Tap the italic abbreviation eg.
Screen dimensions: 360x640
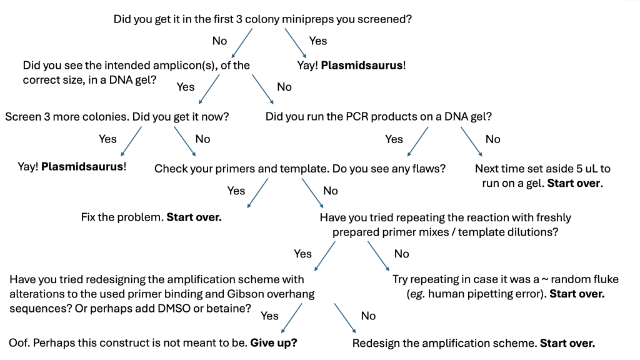(415, 294)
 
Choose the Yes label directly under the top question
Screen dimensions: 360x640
(318, 41)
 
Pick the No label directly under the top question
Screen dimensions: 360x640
(220, 41)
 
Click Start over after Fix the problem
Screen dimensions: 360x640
(194, 217)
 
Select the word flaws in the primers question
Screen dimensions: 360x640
(429, 169)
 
